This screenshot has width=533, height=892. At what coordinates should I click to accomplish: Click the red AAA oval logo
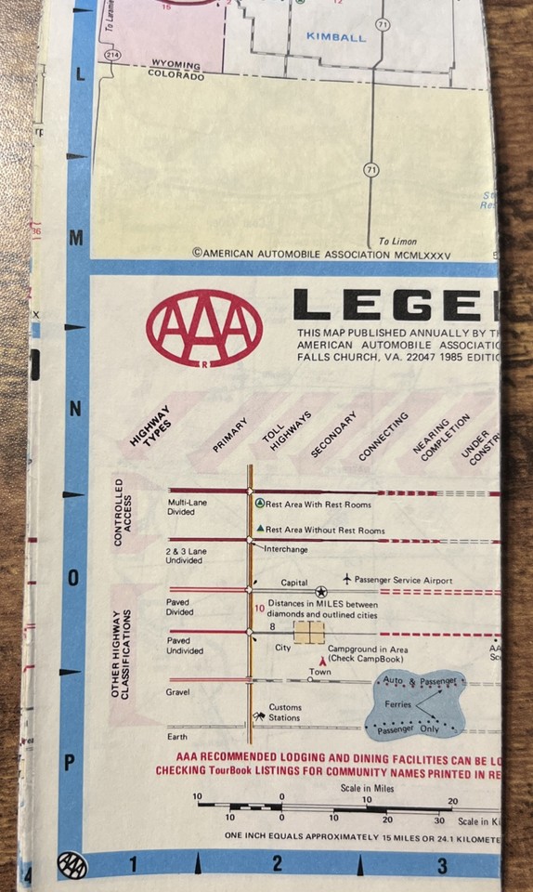click(204, 327)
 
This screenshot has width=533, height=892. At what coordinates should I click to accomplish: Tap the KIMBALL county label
click(335, 38)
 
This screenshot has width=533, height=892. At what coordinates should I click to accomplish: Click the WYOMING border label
click(175, 65)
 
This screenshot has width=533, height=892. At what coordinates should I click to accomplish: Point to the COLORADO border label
click(175, 75)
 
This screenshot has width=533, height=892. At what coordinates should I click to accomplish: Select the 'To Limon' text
click(397, 242)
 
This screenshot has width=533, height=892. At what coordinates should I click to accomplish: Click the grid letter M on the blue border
click(76, 238)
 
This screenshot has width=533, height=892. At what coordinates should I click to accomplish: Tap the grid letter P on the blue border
click(69, 763)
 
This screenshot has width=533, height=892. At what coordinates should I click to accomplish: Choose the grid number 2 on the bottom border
click(277, 865)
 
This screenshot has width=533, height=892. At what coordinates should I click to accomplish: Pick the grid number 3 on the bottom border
click(441, 866)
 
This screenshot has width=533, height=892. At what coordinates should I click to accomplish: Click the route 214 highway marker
click(112, 56)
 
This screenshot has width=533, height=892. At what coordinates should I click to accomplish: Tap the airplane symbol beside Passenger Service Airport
click(346, 579)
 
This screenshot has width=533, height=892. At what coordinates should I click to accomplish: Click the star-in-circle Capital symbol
click(320, 591)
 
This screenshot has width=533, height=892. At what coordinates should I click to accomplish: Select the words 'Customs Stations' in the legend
click(285, 713)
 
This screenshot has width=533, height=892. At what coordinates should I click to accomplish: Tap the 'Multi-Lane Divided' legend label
click(187, 505)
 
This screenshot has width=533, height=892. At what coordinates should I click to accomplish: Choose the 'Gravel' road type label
click(177, 692)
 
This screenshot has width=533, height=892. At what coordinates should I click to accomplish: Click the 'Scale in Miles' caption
click(366, 789)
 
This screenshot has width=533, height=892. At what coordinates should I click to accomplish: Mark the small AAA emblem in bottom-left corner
click(71, 865)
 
